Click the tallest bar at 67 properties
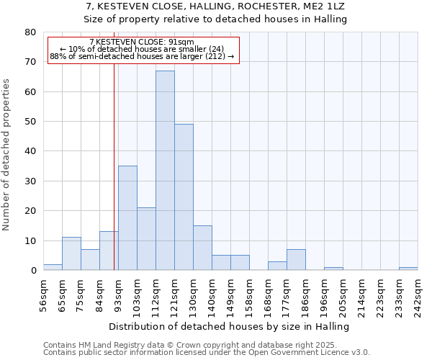(165, 171)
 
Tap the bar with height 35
(127, 218)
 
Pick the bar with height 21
(146, 239)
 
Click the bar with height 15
(202, 248)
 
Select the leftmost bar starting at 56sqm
(53, 267)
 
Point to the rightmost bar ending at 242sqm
(408, 269)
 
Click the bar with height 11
(71, 253)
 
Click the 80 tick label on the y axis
(30, 32)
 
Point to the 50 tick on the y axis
(30, 122)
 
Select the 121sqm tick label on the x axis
(174, 294)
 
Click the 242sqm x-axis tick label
(418, 294)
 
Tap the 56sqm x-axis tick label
(43, 294)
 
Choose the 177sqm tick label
(287, 294)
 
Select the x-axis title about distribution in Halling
(233, 326)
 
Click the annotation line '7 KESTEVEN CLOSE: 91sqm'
(142, 42)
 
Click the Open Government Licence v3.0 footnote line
(207, 353)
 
